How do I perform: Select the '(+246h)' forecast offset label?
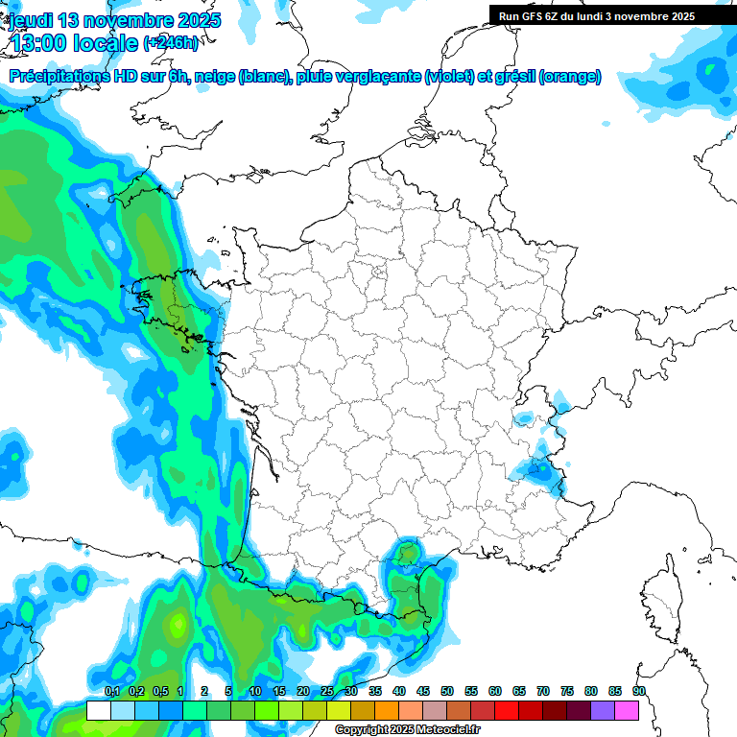tap(171, 43)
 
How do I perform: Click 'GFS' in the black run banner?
tap(536, 16)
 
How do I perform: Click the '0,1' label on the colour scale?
tap(111, 692)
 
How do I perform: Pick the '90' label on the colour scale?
tap(638, 692)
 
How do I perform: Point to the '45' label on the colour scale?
tap(423, 692)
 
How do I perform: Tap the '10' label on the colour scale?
tap(255, 692)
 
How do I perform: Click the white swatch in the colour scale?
tap(98, 710)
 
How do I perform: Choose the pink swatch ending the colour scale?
tap(627, 710)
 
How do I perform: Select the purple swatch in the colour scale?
tap(603, 710)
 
